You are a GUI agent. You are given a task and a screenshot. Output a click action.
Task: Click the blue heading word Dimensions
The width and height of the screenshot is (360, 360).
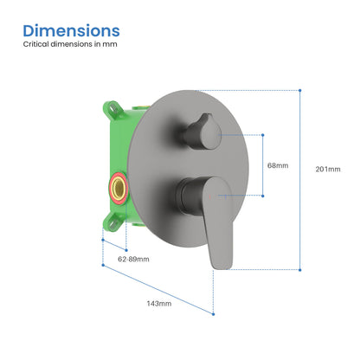tap(71, 30)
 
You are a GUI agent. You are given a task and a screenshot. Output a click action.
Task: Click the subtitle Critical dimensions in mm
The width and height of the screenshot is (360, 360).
tap(70, 44)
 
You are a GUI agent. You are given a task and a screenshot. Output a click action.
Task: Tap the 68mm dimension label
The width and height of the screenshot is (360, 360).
tap(278, 165)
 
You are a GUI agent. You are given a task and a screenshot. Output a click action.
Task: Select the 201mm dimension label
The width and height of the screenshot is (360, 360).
tap(328, 169)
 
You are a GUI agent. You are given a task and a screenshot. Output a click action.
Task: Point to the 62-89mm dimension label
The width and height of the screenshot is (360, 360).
tap(133, 259)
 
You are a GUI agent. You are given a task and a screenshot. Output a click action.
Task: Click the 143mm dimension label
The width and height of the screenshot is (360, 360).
tap(159, 304)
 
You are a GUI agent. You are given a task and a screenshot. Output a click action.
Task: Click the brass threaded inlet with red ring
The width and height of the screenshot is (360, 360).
tap(119, 188)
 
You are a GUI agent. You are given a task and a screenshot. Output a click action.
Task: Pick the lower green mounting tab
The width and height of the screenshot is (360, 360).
tap(113, 222)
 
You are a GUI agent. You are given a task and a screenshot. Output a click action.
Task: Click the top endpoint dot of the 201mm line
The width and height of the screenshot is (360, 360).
tap(300, 91)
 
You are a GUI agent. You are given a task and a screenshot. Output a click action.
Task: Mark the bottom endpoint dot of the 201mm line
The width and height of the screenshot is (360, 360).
tap(300, 270)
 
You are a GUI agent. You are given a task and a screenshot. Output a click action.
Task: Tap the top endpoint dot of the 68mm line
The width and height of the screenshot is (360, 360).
tap(263, 135)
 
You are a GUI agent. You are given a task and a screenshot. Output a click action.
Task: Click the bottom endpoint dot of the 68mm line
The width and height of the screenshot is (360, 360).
tap(263, 196)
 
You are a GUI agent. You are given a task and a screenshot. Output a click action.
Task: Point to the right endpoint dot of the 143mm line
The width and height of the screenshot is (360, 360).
tap(213, 314)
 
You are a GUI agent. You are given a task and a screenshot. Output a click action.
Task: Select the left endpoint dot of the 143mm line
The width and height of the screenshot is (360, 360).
tap(103, 265)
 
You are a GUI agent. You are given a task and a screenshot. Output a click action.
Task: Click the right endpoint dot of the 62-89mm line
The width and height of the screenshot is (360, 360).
tap(126, 250)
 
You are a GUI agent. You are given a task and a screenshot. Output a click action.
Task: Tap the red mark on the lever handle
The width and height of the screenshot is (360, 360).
tap(209, 196)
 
